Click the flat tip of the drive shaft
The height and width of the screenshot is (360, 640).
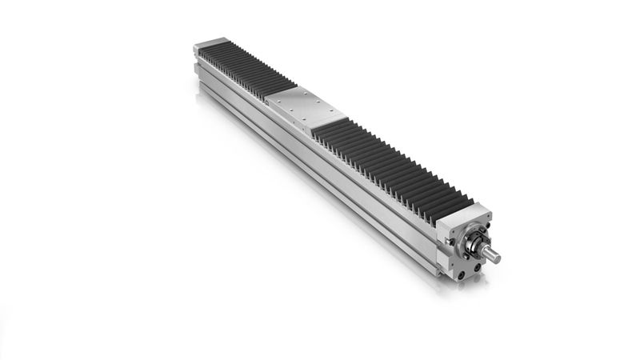(498, 258)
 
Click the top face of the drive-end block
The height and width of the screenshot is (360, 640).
(464, 217)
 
